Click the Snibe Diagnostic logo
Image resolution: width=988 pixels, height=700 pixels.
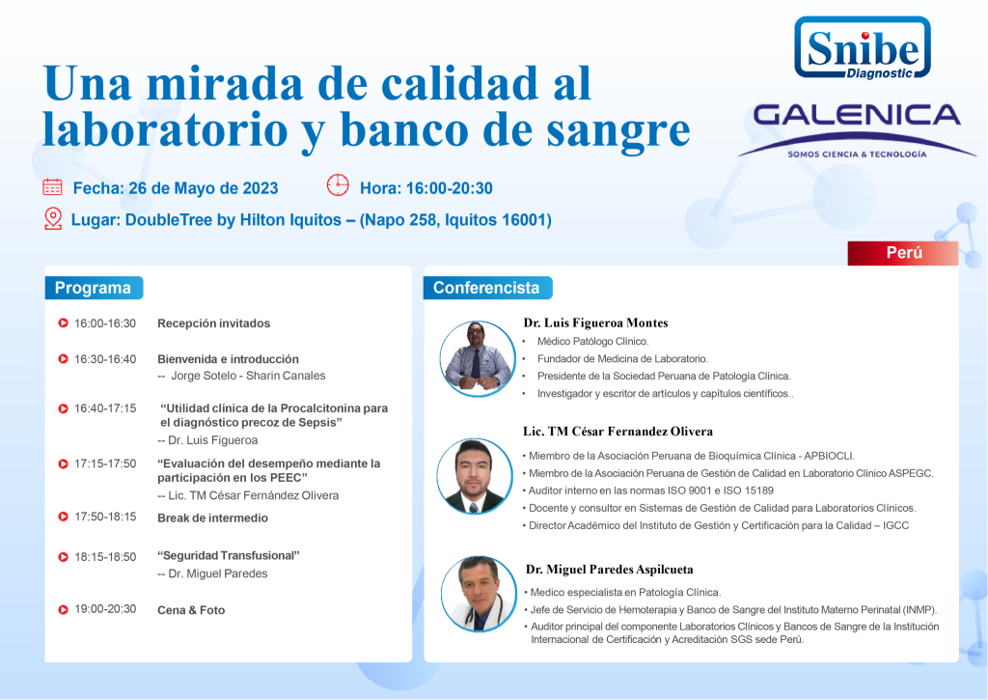coord(862,48)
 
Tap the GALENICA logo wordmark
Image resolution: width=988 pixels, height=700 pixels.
coord(857,116)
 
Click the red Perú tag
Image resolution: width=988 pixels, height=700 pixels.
coord(902,253)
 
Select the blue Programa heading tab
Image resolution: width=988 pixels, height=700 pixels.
coord(94,288)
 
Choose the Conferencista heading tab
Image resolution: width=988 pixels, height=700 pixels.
coord(487,288)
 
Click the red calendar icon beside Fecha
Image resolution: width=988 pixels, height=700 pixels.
coord(52,187)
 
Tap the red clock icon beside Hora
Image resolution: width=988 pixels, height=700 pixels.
coord(338,185)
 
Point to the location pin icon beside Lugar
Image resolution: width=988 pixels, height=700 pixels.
coord(54,219)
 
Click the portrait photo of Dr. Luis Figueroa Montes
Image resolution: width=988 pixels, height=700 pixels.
coord(477,358)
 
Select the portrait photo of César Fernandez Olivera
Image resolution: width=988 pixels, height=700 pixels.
coord(475,476)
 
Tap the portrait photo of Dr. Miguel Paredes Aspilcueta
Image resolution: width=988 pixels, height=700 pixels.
coord(479,594)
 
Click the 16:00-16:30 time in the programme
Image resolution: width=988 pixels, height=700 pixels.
coord(105,323)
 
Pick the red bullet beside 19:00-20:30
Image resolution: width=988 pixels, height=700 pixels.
coord(63,610)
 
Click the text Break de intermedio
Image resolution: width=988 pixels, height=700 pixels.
coord(212,518)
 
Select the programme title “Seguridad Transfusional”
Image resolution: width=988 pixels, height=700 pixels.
coord(228,555)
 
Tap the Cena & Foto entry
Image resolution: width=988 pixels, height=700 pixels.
coord(191,610)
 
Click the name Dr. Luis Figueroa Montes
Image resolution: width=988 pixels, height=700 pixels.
coord(595,322)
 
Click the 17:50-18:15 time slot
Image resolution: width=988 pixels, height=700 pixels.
coord(105,517)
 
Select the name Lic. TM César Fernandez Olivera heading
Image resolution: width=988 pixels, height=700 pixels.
coord(617,432)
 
